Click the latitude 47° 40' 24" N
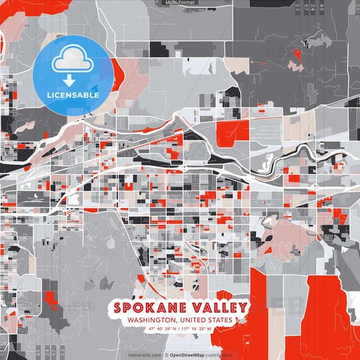tap(159, 329)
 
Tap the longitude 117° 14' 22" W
tap(198, 329)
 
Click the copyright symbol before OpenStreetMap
tap(166, 355)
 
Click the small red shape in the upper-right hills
tap(297, 53)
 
